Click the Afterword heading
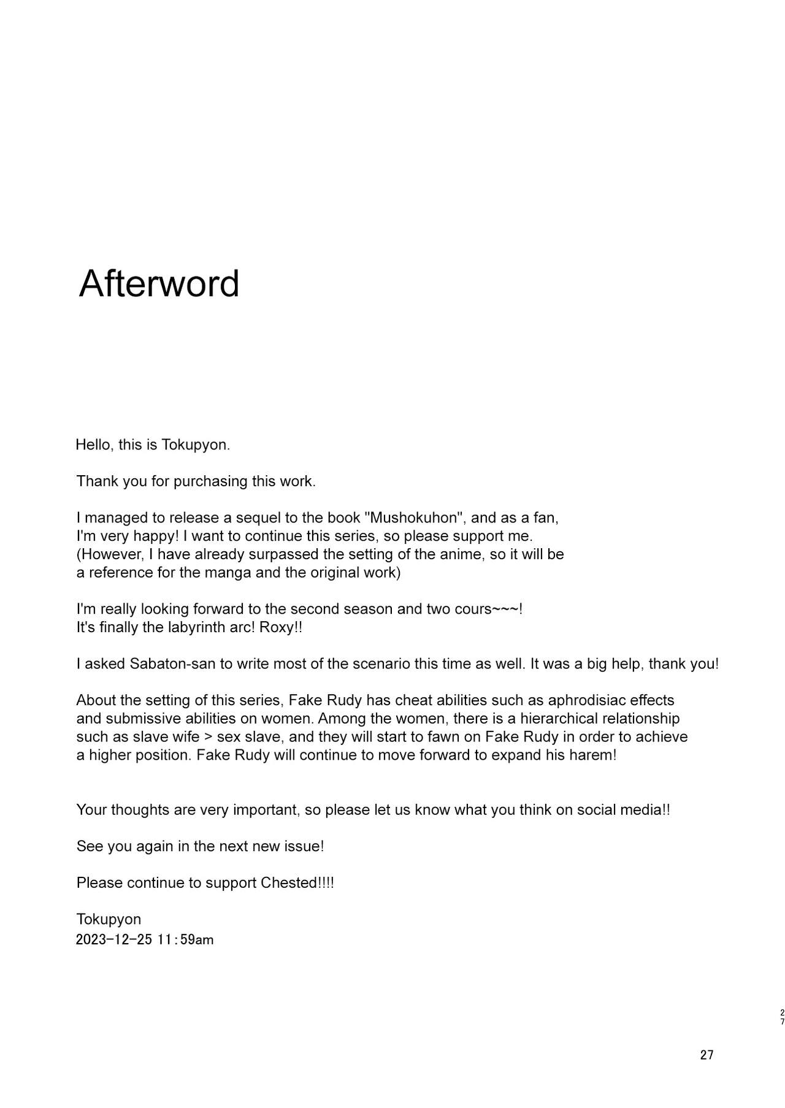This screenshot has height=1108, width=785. [159, 283]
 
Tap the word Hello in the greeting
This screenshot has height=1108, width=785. [93, 445]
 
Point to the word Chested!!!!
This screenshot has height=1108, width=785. [297, 883]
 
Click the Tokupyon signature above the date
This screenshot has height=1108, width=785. [109, 919]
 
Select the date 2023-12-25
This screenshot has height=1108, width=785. [114, 939]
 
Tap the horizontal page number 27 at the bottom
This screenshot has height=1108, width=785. [706, 1055]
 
